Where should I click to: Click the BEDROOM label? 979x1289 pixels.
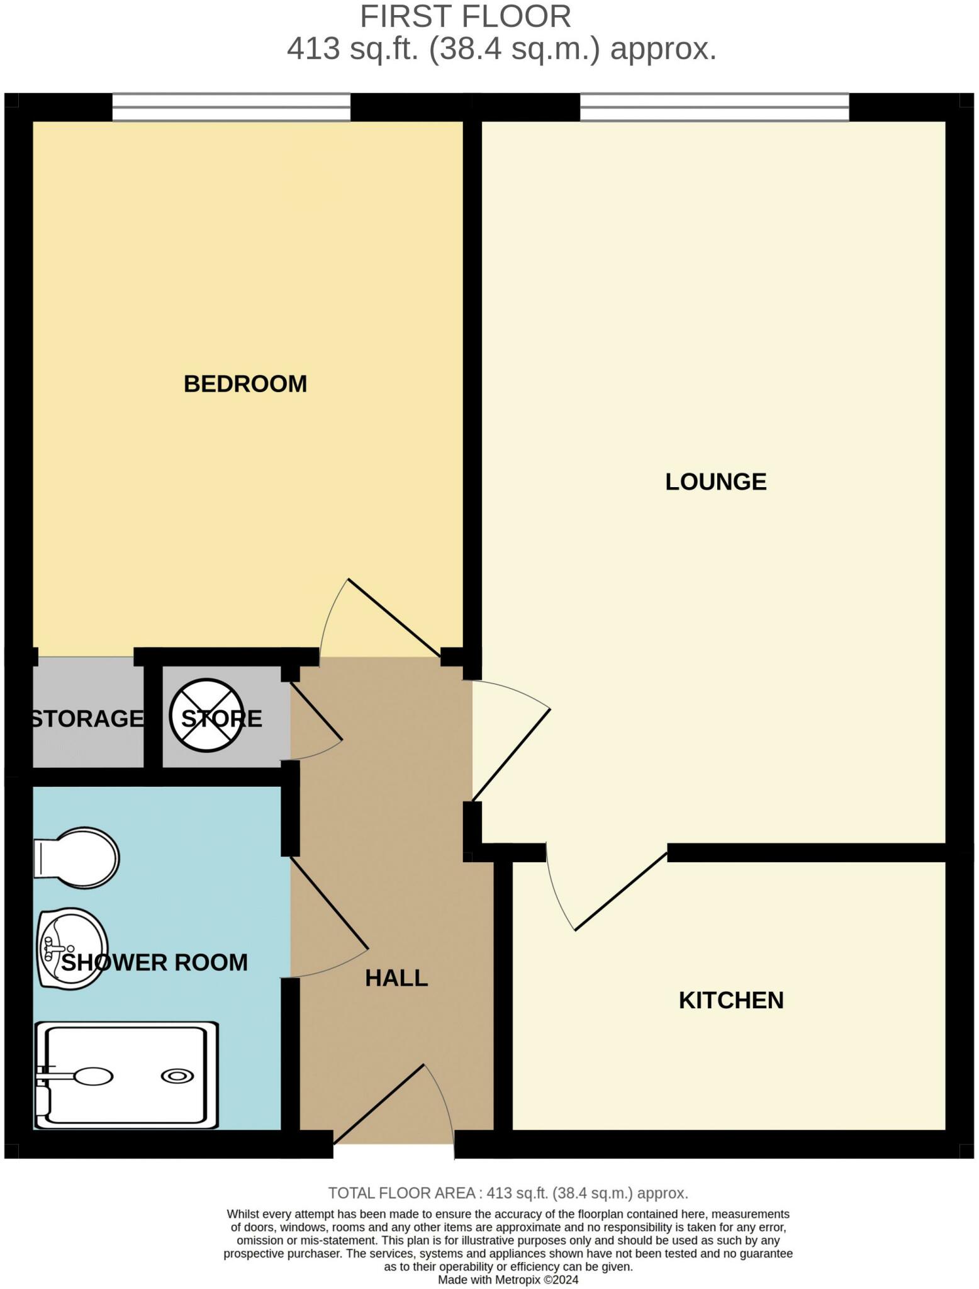[x=245, y=384]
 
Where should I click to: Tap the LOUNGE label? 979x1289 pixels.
[x=715, y=482]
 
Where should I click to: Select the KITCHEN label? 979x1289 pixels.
[x=730, y=1001]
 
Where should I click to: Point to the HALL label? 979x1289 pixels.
[x=396, y=978]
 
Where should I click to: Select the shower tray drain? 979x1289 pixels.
[x=177, y=1076]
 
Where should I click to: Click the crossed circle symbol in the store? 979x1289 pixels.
[x=206, y=716]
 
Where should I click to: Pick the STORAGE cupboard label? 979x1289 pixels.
[x=87, y=719]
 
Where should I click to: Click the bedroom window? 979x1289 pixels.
[x=231, y=107]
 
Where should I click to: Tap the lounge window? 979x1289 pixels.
[x=714, y=107]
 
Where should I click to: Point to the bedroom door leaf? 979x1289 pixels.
[x=394, y=618]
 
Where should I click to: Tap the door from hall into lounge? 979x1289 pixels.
[x=512, y=755]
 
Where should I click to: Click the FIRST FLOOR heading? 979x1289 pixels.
[x=465, y=17]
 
